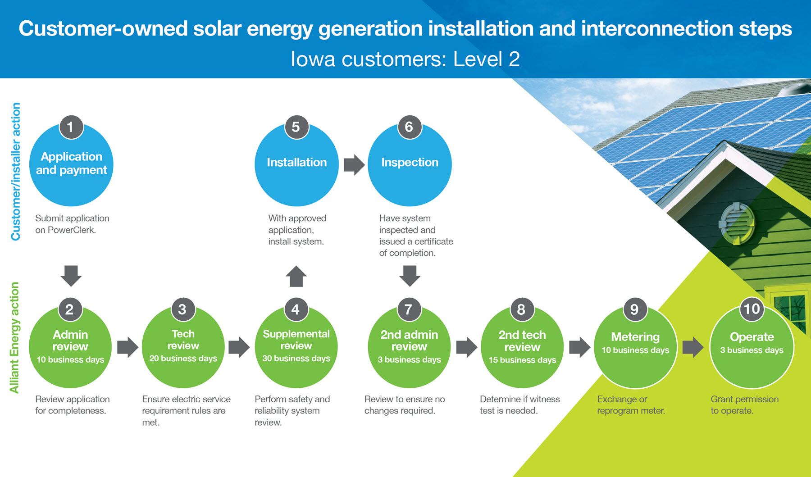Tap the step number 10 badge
pos(752,309)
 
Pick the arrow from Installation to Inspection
pos(354,165)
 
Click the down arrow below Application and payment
pos(71,276)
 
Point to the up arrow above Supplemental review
pos(296,276)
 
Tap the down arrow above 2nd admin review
pos(410,276)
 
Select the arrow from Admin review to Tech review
pos(128,347)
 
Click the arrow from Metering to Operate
pos(693,347)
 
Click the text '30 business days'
pos(296,359)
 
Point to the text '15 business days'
pos(522,360)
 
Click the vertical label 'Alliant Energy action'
pos(14,337)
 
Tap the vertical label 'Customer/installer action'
pos(15,172)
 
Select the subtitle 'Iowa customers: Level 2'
pos(405,59)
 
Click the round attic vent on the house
pos(737,223)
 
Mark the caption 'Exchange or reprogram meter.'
pos(631,405)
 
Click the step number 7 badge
pos(409,309)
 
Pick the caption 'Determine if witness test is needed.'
pos(520,405)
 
